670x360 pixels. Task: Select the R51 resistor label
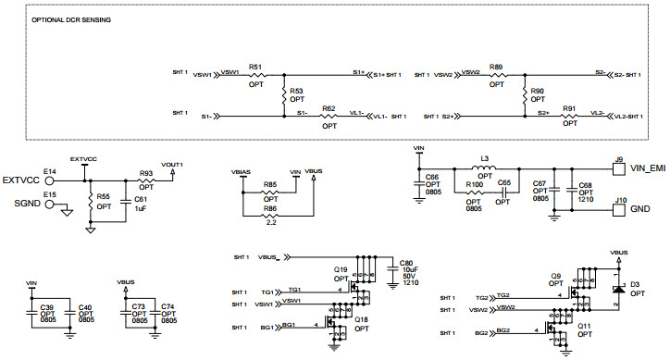256,68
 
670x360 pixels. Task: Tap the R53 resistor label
296,91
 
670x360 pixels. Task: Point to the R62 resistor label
329,108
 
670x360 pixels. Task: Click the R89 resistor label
497,68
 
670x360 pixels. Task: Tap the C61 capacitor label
141,199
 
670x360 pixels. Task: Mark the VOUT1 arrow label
172,164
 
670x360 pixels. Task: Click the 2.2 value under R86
270,223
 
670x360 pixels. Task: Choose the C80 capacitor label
405,261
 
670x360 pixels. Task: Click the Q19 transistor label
340,269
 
